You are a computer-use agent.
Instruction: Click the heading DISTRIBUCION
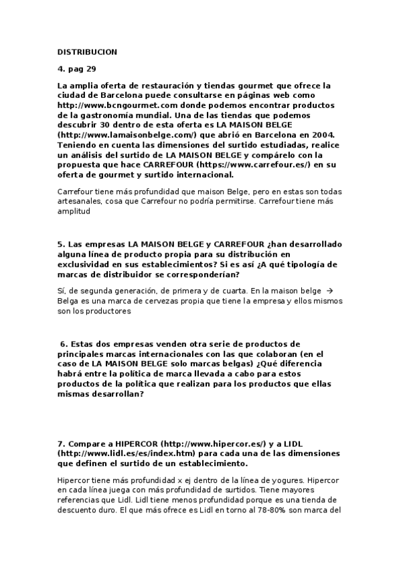point(88,52)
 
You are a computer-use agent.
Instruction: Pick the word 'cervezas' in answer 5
point(177,301)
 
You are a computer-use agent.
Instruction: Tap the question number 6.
point(63,344)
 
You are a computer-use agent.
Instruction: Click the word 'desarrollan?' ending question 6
point(117,395)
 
